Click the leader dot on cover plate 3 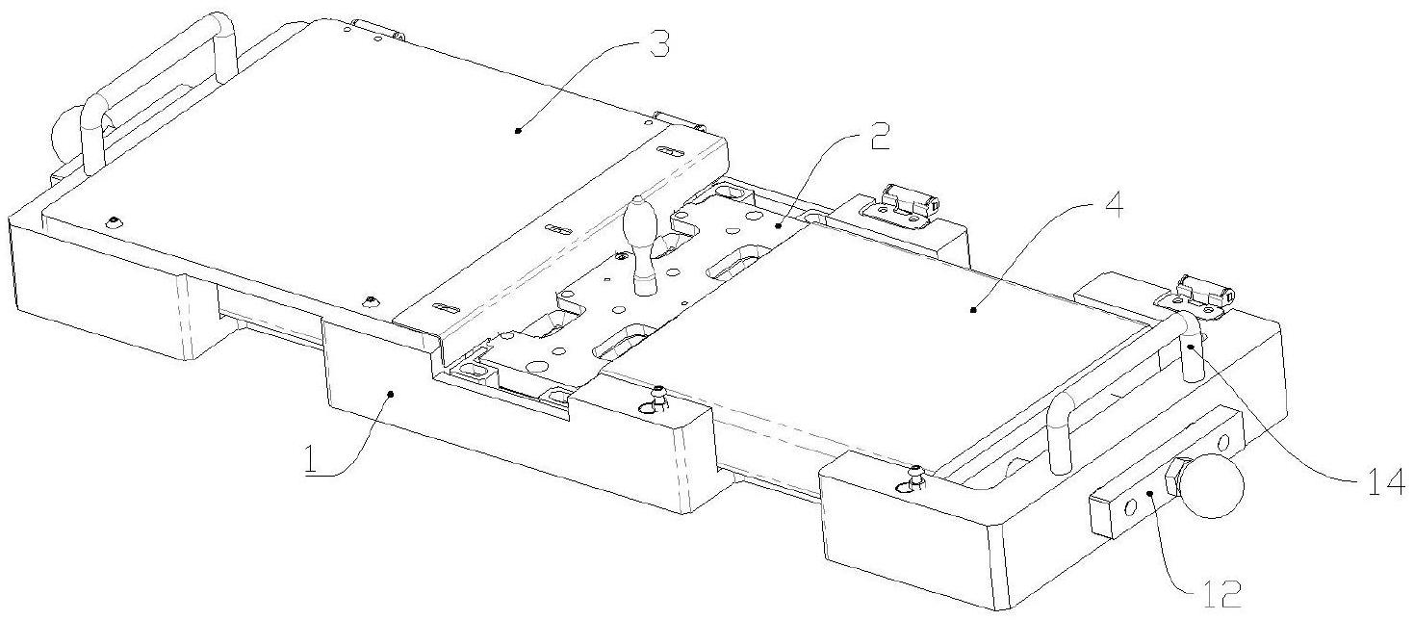tap(517, 128)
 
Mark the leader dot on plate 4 tap(972, 310)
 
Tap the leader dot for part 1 tap(391, 393)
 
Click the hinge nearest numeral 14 tap(1204, 290)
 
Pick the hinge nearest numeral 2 tap(903, 202)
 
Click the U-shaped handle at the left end tap(154, 87)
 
